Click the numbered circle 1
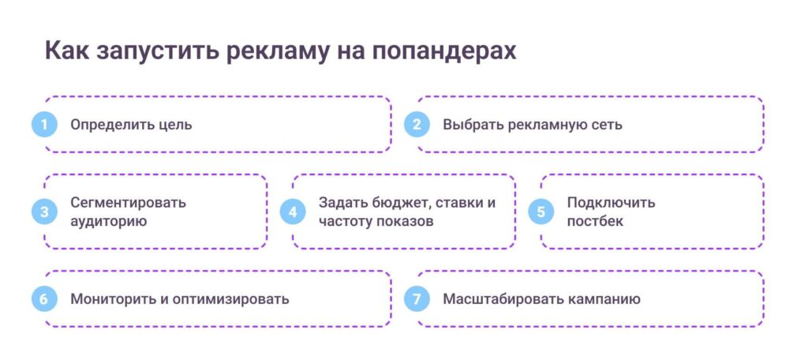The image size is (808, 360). [44, 125]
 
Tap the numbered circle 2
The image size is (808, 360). [417, 125]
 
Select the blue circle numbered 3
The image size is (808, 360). [44, 212]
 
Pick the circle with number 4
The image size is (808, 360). [293, 212]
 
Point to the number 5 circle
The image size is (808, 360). [541, 212]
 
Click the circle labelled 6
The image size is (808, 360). [44, 299]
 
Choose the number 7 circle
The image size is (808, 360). [417, 299]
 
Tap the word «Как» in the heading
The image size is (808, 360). [66, 51]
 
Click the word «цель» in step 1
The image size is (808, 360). [174, 125]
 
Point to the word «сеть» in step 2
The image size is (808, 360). [607, 125]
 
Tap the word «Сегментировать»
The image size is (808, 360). [128, 202]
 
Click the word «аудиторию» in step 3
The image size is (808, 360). [108, 221]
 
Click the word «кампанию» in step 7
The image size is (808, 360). [601, 299]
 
